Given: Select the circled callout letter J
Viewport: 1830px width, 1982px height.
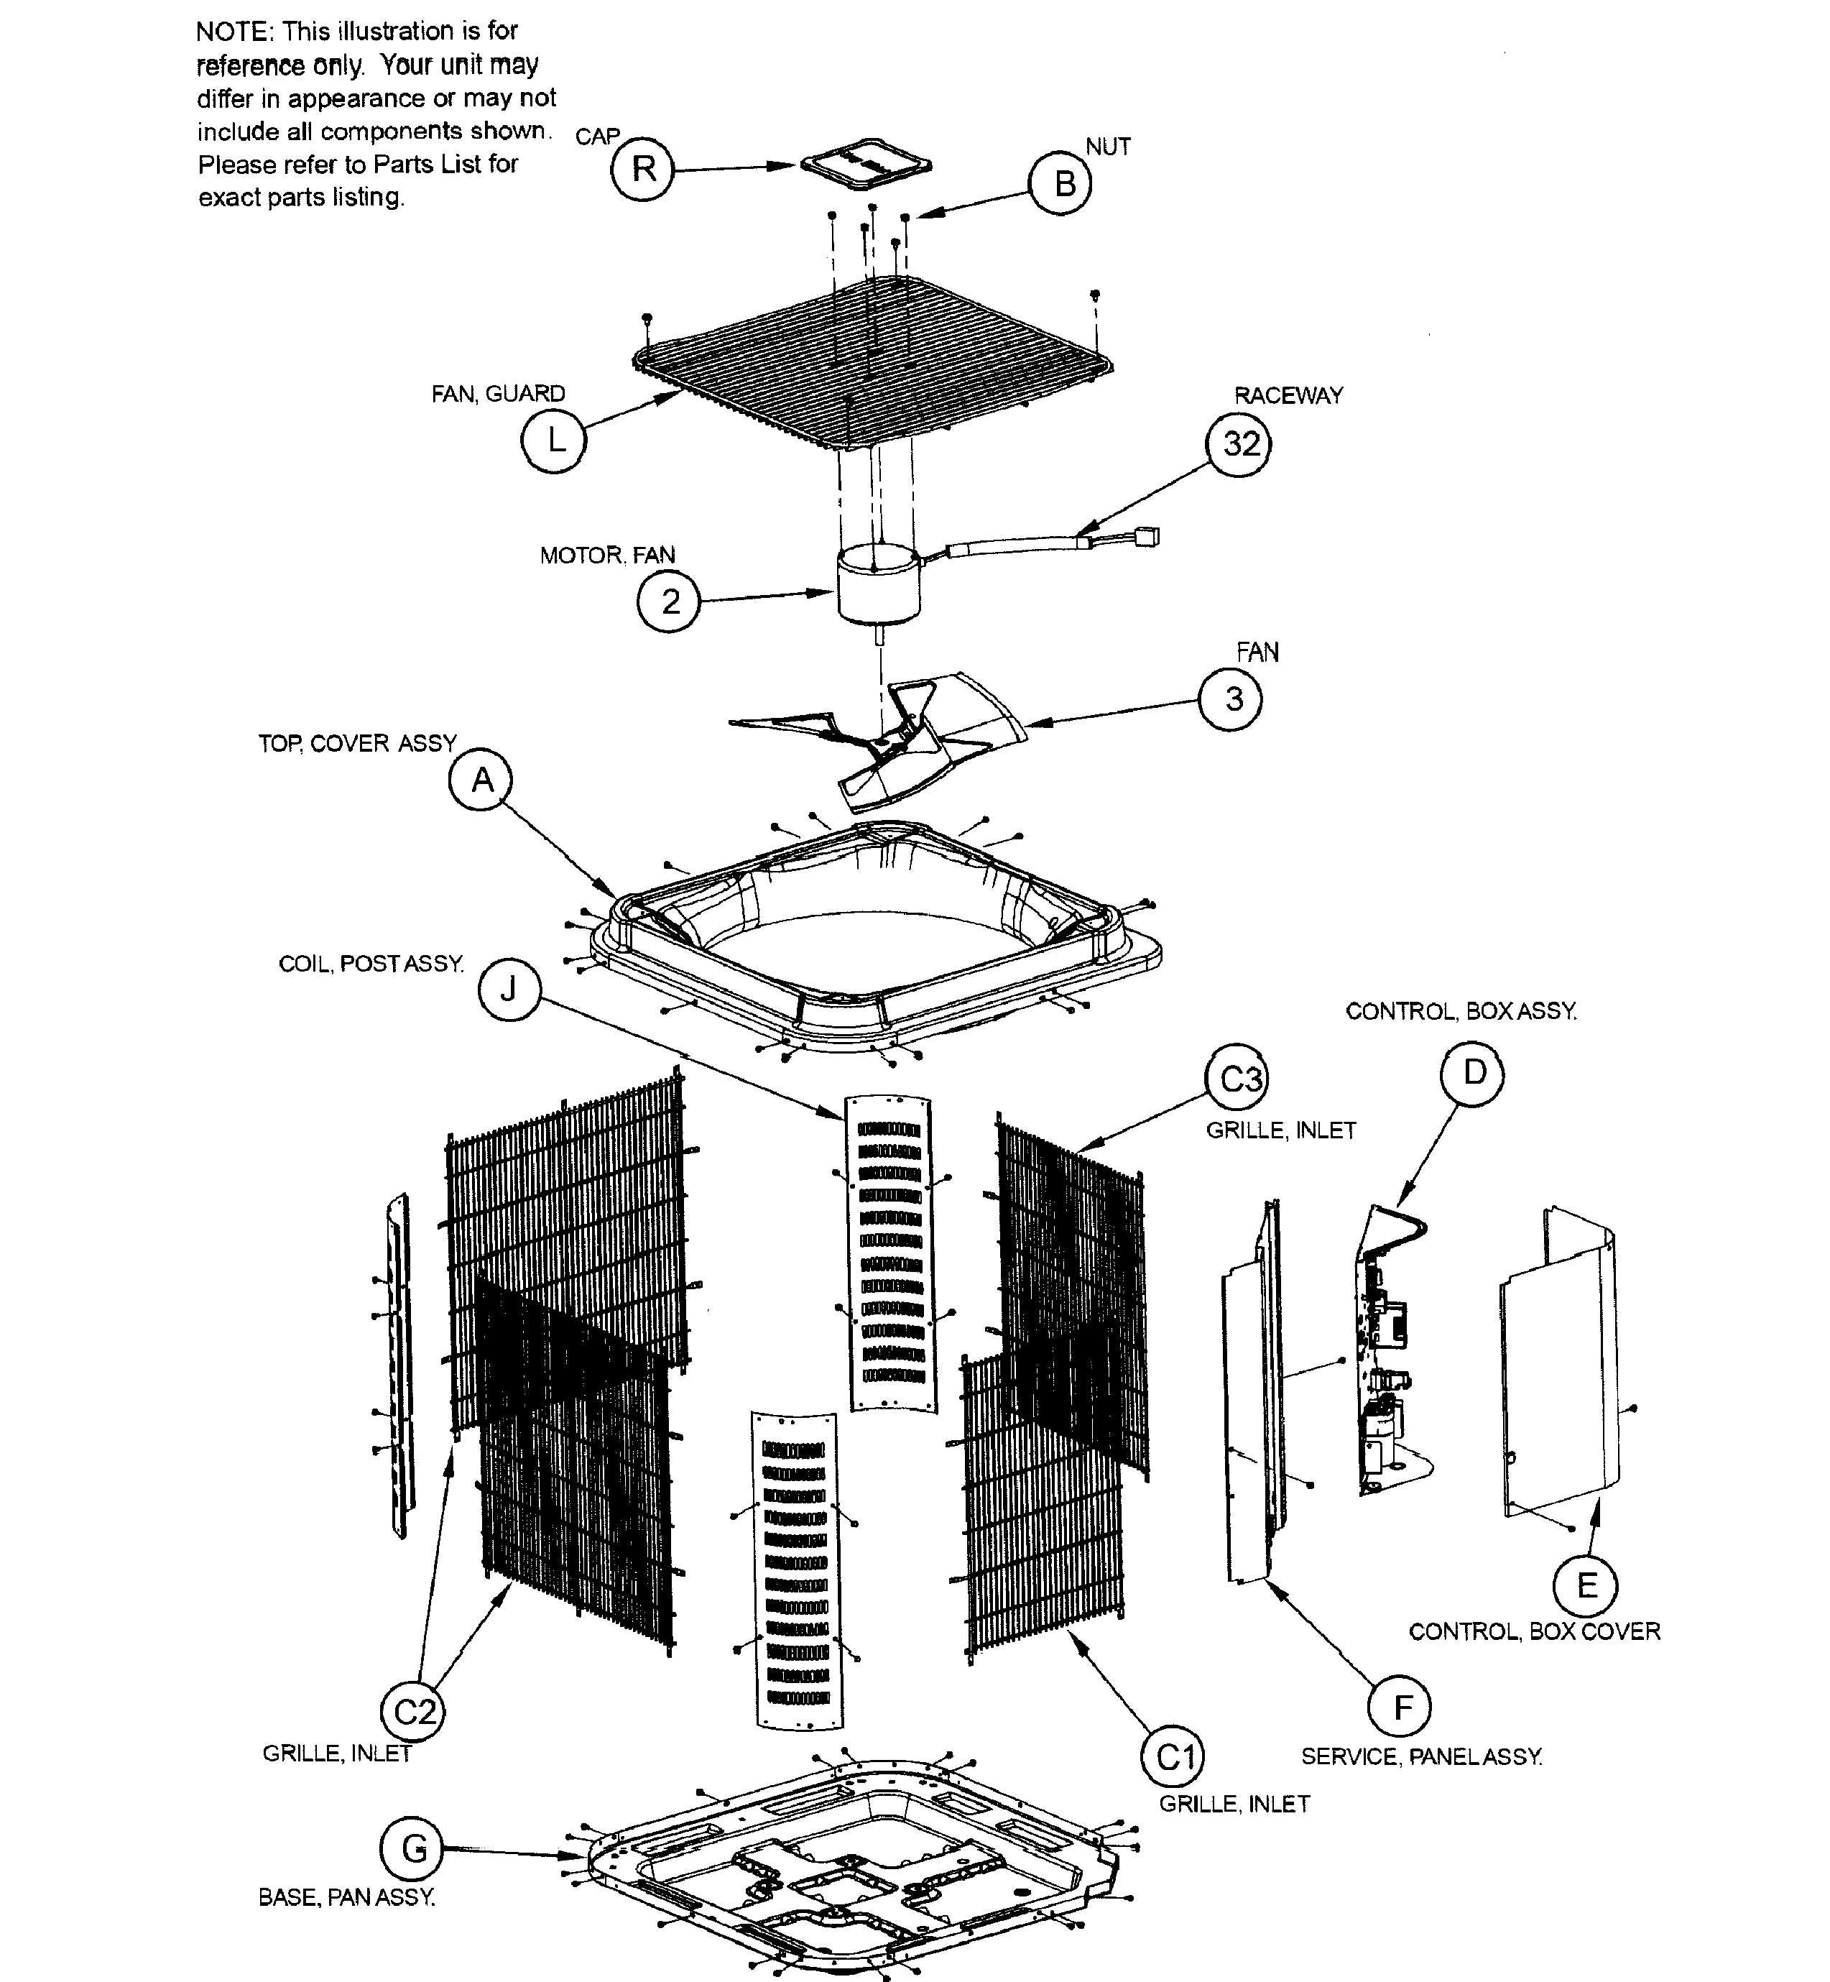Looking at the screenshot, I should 509,989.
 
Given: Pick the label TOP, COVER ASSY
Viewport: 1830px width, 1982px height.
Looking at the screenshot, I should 358,743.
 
